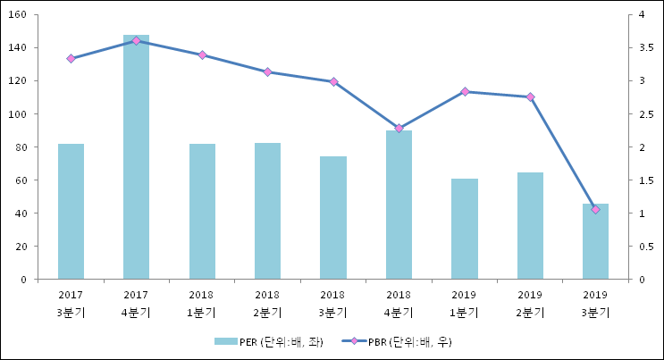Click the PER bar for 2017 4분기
136,157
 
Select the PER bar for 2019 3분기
595,241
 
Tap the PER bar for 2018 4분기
399,205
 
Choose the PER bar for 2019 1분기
464,229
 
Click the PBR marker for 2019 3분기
595,209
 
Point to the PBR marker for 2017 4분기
136,41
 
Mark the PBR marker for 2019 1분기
464,92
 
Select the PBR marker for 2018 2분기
267,72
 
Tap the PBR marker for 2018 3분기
333,82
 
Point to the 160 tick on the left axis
20,15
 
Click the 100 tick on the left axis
20,114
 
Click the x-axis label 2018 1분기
202,304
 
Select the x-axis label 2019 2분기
530,304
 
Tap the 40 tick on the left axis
22,213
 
